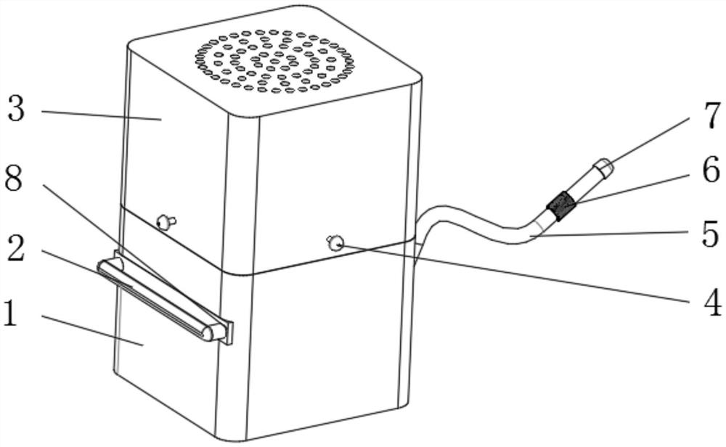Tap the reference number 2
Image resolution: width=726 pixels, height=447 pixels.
pos(16,248)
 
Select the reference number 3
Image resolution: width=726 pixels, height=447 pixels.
pos(16,110)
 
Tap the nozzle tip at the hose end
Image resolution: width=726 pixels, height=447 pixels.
pos(603,168)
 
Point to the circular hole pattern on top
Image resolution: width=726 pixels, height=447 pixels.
pos(275,61)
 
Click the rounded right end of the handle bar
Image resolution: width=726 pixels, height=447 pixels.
pos(212,332)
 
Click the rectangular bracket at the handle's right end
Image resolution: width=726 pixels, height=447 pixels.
pos(229,332)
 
